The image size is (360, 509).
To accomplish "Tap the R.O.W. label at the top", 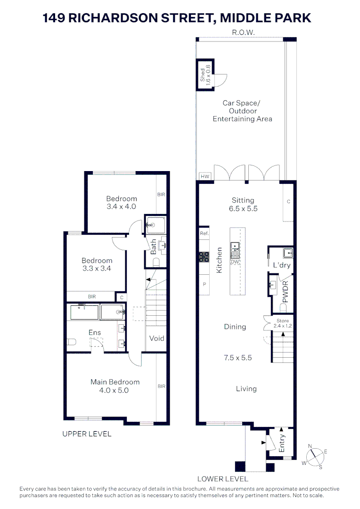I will click(243, 33).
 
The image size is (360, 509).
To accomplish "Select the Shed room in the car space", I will click(205, 74).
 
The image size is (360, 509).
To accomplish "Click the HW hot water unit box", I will click(205, 177).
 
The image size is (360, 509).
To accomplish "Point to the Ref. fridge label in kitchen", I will click(204, 233).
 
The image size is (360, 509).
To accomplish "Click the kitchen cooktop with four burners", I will click(204, 257).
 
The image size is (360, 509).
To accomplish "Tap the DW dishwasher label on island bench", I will click(235, 262).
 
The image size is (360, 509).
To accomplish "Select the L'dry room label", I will click(282, 265).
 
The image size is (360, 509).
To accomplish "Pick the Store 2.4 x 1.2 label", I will click(283, 323).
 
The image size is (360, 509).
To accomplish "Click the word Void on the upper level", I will click(157, 338).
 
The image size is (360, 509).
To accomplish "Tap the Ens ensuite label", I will click(95, 333).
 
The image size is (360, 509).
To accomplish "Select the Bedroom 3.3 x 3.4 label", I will click(97, 264).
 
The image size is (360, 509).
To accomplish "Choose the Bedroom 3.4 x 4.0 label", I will click(121, 203).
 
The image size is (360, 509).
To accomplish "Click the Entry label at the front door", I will click(282, 443).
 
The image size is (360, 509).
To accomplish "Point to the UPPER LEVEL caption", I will click(87, 434).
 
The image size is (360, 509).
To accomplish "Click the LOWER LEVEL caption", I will click(222, 479).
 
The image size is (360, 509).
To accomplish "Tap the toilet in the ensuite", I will click(72, 342).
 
